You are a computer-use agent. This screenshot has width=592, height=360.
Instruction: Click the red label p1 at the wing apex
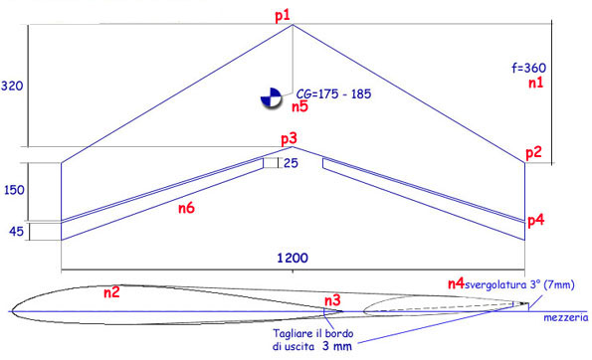283,16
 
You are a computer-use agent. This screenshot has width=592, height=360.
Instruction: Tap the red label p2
533,153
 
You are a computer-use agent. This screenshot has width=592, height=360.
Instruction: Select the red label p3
289,139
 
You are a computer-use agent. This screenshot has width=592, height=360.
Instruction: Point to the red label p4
535,221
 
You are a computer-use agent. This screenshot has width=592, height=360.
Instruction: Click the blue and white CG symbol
271,98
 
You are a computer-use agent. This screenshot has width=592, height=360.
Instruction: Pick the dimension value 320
12,87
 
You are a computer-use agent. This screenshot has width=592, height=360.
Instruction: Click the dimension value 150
14,190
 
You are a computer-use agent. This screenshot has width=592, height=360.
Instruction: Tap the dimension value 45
16,231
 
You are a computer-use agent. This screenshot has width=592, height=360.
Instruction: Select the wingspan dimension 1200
293,259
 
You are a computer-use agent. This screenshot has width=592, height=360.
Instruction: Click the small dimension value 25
291,163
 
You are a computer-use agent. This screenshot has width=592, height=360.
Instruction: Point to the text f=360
529,68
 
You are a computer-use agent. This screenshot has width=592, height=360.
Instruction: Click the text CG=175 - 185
333,93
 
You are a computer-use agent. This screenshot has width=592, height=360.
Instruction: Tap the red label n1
535,83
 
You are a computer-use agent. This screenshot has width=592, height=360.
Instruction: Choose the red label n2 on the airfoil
111,292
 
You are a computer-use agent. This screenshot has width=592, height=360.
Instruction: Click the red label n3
332,300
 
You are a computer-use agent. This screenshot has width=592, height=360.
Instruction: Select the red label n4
456,283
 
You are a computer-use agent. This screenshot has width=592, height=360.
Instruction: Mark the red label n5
299,106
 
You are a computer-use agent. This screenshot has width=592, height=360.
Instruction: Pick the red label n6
186,208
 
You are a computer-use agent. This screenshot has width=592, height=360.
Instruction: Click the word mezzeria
565,318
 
